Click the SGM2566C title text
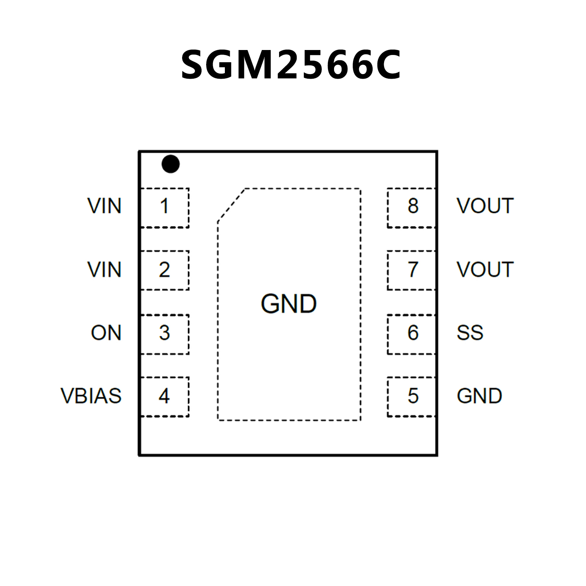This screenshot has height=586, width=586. point(291,65)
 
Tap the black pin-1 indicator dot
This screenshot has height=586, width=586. point(170,164)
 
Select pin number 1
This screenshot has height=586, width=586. point(165,207)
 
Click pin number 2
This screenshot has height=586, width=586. point(165,270)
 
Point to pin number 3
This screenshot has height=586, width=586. point(165,333)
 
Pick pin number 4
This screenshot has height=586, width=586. point(165,396)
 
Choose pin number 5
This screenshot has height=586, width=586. point(413,396)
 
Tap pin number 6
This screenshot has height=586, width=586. point(413,333)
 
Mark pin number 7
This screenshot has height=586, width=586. point(413,270)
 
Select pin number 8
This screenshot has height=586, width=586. point(413,206)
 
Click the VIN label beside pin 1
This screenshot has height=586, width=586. point(104,207)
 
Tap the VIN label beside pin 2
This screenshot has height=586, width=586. point(104,270)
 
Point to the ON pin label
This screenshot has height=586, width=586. point(106,333)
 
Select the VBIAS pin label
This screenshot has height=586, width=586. point(91,396)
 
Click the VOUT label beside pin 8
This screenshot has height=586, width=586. point(485,206)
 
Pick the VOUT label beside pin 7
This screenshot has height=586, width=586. point(485,270)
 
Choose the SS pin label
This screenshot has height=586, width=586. point(470,333)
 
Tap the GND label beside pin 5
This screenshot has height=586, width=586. point(479,396)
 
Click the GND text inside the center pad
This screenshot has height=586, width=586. point(289,304)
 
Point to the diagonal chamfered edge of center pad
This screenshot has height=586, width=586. point(231,205)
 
